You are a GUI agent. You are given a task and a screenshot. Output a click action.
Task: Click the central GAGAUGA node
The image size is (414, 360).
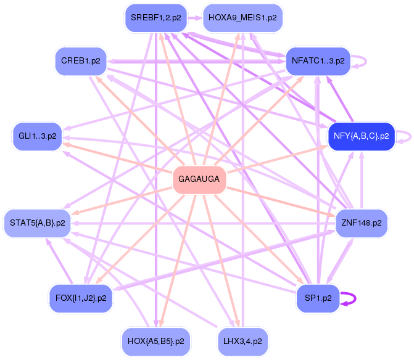click(199, 179)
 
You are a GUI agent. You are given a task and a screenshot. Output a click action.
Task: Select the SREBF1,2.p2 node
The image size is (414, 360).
click(155, 18)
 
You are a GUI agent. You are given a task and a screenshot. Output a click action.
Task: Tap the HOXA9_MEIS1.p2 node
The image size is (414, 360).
click(242, 18)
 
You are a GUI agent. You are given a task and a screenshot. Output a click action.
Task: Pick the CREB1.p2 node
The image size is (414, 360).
click(80, 60)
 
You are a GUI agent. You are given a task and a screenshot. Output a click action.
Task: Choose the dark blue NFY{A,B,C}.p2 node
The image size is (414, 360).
click(361, 136)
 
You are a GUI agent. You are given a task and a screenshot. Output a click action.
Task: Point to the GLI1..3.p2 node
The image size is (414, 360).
click(37, 136)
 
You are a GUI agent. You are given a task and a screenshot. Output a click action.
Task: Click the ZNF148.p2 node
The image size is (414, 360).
click(361, 223)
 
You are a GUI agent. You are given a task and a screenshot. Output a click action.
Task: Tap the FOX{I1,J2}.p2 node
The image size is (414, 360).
click(80, 298)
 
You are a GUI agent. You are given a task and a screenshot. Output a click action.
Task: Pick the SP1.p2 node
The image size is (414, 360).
click(318, 298)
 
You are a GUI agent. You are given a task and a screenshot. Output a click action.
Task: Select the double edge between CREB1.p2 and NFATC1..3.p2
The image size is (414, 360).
click(197, 61)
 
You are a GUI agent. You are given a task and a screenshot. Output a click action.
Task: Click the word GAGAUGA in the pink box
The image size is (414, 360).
click(199, 179)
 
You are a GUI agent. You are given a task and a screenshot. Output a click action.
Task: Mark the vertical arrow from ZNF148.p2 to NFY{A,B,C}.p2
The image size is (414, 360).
click(362, 179)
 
